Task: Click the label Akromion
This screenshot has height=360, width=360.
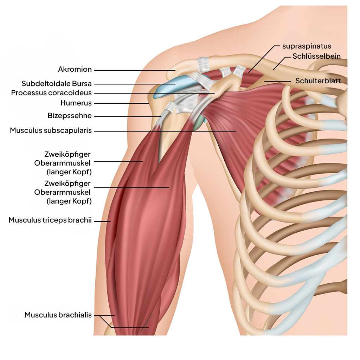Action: point(75,70)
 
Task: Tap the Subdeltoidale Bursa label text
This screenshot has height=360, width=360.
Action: point(57,84)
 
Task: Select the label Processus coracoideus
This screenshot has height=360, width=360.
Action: point(51,93)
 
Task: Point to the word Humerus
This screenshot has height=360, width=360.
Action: point(76,103)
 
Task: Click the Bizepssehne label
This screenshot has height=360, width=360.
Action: point(70,115)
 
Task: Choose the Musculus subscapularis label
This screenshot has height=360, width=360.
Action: point(51,130)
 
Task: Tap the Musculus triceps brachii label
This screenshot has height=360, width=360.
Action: point(50,220)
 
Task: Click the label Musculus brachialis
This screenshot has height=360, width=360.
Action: point(58,315)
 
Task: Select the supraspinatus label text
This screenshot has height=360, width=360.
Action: point(307,46)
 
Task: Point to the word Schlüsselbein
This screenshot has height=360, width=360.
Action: point(316,57)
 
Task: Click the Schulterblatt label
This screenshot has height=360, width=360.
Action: point(318,81)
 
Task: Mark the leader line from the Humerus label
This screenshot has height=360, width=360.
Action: point(121,103)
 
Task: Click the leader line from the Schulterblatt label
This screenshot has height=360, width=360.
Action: point(278,81)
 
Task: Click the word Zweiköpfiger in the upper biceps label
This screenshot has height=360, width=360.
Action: point(67,154)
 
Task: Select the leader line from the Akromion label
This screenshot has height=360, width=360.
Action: point(134,70)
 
